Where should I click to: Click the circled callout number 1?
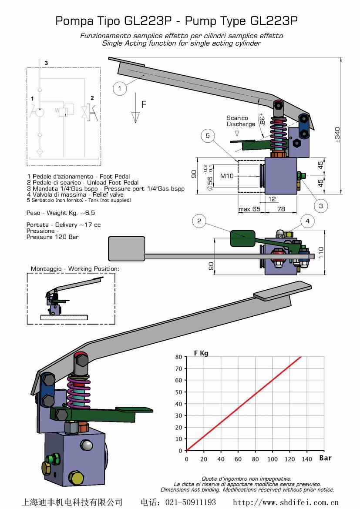tap(119, 89)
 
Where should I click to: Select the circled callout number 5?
tap(208, 136)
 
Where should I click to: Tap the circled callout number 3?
tap(321, 206)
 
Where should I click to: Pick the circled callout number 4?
tap(307, 221)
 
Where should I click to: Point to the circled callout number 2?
tap(199, 221)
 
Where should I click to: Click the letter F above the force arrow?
tap(144, 104)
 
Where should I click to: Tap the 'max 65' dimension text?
tap(249, 210)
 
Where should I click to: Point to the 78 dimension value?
tap(281, 210)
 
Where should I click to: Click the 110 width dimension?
tap(322, 253)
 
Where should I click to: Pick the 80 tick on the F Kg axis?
tap(178, 357)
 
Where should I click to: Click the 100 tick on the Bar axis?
tap(272, 459)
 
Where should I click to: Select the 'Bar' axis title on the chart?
tap(325, 458)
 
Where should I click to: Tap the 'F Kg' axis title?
tap(201, 353)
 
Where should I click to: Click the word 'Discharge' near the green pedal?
tap(241, 124)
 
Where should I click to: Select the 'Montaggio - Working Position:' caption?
tap(74, 269)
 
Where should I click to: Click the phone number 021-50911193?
tap(190, 502)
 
